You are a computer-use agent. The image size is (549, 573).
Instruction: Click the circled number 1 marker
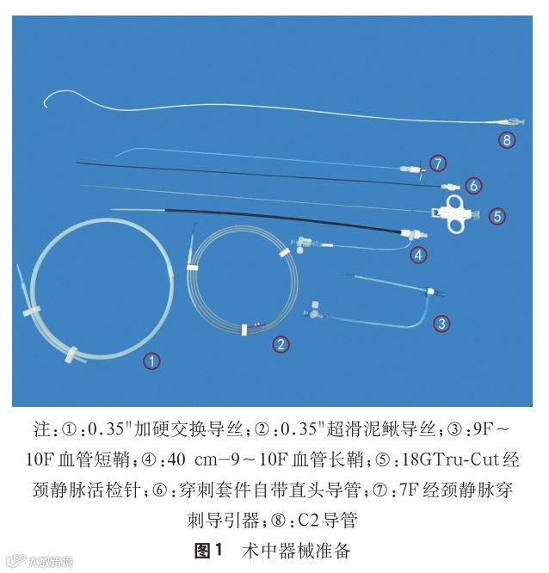(x=151, y=361)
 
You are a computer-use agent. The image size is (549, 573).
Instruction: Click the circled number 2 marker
(x=281, y=344)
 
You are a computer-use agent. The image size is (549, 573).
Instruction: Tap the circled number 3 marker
(x=441, y=323)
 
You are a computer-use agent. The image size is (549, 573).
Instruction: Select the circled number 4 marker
(x=417, y=254)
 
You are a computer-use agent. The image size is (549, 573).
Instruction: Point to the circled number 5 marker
(x=497, y=216)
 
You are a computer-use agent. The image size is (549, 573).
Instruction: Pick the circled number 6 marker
(x=472, y=185)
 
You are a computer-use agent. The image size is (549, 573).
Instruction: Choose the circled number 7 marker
(x=438, y=163)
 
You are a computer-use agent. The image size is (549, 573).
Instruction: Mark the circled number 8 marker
(x=508, y=139)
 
